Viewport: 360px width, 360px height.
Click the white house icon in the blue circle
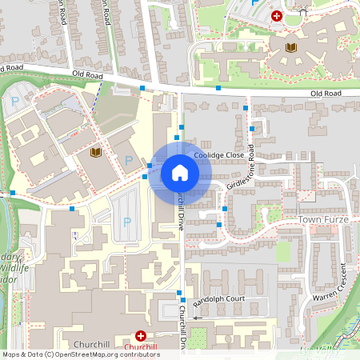(x=180, y=173)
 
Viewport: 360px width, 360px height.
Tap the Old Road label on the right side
(x=326, y=94)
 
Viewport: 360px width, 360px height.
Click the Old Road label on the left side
(x=87, y=74)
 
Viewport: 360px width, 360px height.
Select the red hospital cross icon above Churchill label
(x=141, y=337)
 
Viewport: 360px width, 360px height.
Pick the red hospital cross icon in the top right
(x=277, y=15)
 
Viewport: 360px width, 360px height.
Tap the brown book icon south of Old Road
(x=96, y=153)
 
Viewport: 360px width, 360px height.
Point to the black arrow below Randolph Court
(x=197, y=318)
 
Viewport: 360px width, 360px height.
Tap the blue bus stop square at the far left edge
(x=12, y=193)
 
